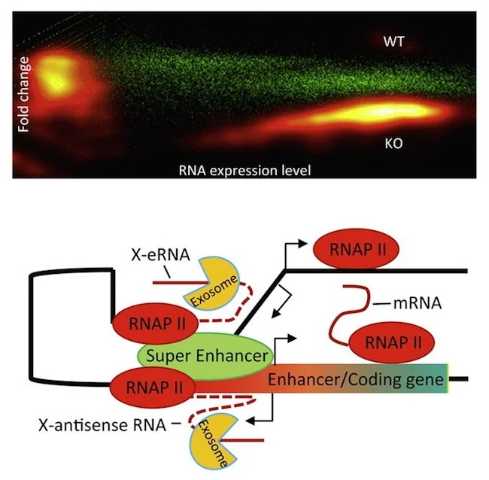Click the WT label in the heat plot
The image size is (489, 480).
tap(393, 41)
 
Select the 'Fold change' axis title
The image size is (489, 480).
tap(25, 94)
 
